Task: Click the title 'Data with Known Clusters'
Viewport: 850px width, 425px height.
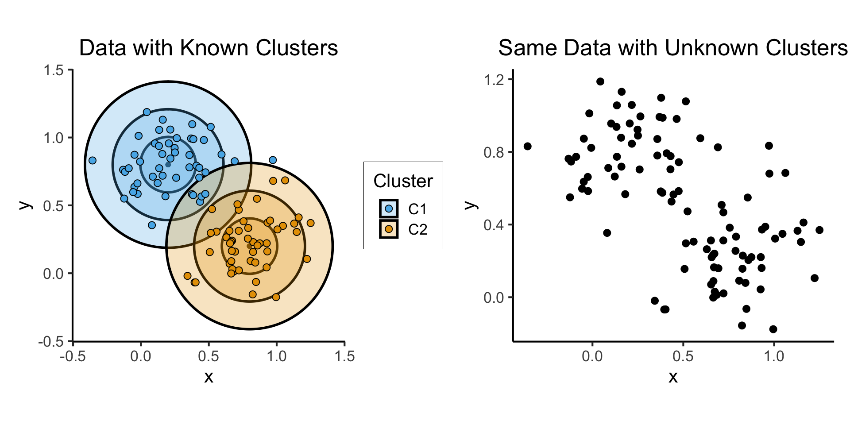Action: pos(209,48)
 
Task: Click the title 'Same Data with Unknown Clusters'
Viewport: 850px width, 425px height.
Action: pos(672,48)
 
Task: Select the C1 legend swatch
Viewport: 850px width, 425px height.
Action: pos(389,209)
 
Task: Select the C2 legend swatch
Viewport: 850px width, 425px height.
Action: pos(389,229)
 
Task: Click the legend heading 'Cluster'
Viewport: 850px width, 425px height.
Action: pos(403,181)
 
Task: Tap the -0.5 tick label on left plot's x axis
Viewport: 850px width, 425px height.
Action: pos(73,356)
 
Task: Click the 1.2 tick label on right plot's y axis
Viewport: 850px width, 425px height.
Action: pos(494,80)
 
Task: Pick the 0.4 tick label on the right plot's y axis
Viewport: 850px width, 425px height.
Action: pos(494,225)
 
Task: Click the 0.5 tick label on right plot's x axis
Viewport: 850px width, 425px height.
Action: pos(683,356)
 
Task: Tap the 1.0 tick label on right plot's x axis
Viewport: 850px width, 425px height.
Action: pos(774,356)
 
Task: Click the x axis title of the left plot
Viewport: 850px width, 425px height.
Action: pos(209,377)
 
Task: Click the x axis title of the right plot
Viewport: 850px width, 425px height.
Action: pos(673,377)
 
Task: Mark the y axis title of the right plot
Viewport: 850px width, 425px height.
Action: pos(471,205)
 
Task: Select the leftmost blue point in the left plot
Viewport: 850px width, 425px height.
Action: pos(92,160)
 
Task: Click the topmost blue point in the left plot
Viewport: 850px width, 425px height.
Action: pos(147,112)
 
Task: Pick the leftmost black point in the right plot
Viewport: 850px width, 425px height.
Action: pos(527,146)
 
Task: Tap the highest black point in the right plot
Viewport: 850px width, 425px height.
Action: pos(600,81)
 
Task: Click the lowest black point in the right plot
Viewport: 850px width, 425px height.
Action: pos(773,329)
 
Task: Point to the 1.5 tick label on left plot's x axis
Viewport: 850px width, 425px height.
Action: pos(345,356)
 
